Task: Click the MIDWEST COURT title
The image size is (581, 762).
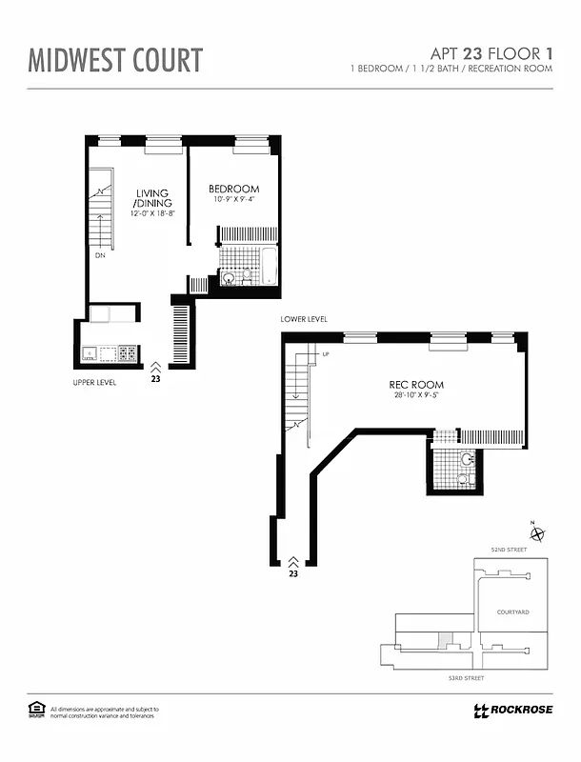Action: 115,59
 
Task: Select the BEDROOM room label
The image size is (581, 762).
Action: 234,189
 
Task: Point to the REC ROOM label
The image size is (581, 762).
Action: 416,385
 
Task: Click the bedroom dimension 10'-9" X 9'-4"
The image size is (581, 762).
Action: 234,200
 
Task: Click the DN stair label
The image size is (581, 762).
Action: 99,255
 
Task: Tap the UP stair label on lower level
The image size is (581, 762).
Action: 325,355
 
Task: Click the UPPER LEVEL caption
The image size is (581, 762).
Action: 94,382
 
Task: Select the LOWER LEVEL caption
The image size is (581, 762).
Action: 304,319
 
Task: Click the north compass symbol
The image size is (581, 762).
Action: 536,533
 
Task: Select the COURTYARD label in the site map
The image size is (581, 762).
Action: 512,612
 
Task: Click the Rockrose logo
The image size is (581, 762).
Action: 512,710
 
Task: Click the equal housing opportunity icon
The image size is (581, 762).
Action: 37,709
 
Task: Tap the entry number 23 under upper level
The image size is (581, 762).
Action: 155,378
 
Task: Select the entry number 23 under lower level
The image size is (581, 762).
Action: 293,574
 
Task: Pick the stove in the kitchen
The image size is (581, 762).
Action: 126,353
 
